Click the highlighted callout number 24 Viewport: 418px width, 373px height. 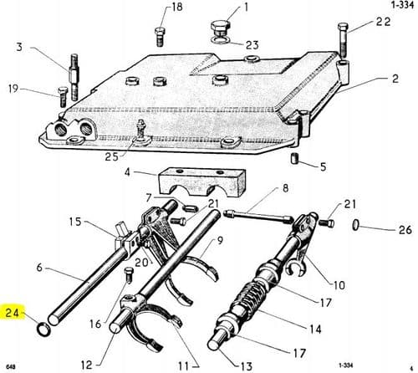[12, 314]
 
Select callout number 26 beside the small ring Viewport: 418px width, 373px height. [405, 229]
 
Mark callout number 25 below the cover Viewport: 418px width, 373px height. [111, 156]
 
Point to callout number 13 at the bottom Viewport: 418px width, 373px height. [245, 366]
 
